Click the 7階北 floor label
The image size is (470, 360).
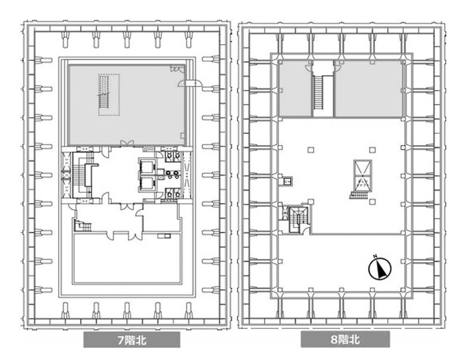131,341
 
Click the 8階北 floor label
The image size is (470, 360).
345,341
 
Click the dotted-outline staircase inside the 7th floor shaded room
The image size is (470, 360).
109,94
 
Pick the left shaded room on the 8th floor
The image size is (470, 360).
294,90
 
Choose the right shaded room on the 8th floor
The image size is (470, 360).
368,90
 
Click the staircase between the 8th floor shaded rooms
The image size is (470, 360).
318,91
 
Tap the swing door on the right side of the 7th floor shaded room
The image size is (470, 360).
191,84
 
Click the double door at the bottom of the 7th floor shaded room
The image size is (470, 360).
126,143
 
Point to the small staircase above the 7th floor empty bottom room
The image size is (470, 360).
82,225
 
